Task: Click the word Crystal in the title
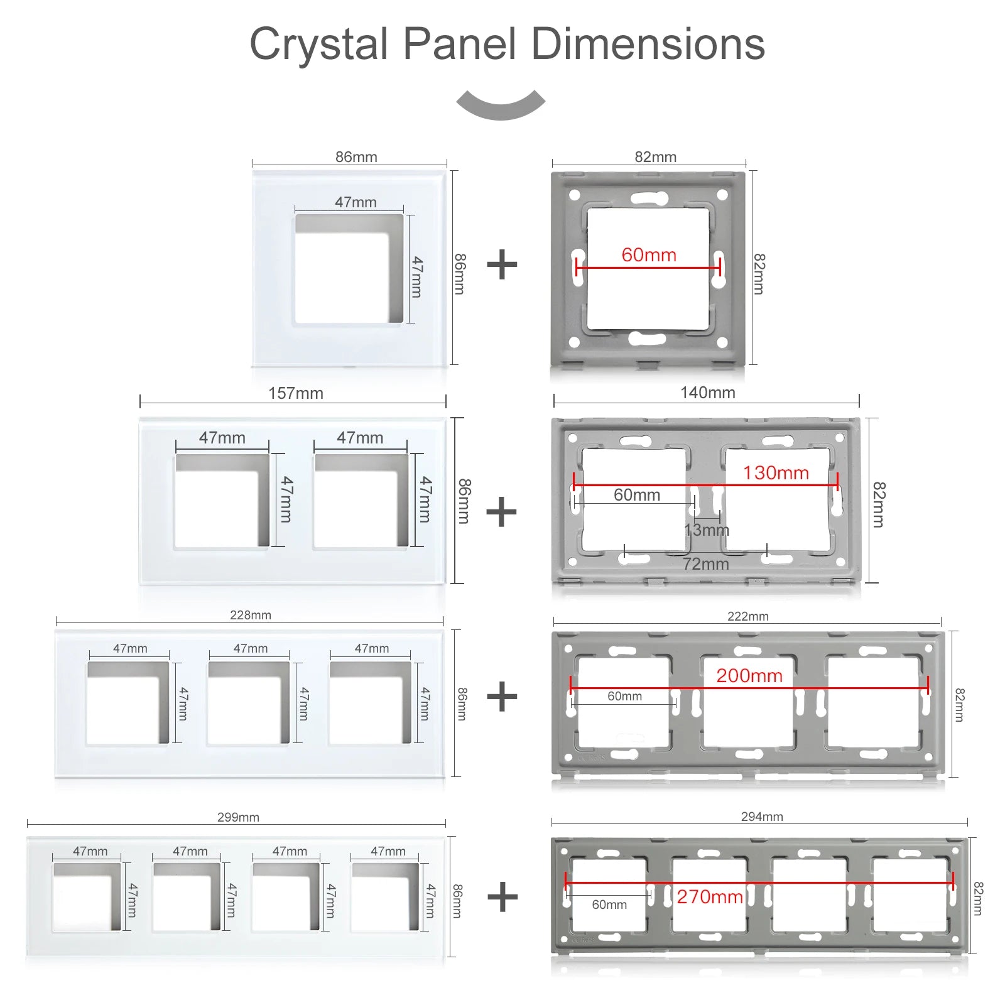point(318,45)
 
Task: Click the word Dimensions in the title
point(648,45)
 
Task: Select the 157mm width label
point(295,393)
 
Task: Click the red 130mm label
point(776,473)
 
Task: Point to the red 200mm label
point(749,676)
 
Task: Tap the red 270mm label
point(710,896)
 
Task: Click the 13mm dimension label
point(707,530)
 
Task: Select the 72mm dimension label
point(705,564)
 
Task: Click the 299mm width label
point(238,817)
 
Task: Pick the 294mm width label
point(762,817)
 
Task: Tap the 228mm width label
point(250,615)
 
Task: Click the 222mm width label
point(747,616)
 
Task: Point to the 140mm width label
point(707,393)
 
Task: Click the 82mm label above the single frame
point(655,157)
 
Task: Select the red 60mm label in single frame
point(649,255)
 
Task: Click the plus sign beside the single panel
point(502,264)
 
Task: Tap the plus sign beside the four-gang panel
point(503,897)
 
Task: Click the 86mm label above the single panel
point(356,157)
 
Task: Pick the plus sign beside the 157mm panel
point(501,512)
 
